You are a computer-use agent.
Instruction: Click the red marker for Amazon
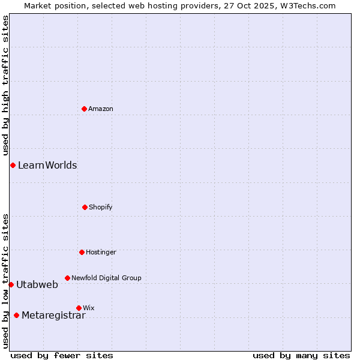coord(85,109)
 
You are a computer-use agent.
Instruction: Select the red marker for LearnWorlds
coord(13,165)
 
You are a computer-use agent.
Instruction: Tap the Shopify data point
coord(85,207)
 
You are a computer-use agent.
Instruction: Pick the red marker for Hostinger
coord(82,252)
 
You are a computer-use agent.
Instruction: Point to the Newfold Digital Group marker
coord(67,278)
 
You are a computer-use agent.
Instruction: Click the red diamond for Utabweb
coord(11,284)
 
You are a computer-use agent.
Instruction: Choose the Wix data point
coord(79,308)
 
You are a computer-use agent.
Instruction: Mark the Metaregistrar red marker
coord(16,315)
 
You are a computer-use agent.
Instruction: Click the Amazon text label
coord(101,109)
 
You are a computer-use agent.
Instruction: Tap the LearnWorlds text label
coord(47,165)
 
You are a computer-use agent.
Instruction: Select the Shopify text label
coord(101,207)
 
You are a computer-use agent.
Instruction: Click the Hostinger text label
coord(101,252)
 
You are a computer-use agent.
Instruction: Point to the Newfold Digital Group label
coord(106,278)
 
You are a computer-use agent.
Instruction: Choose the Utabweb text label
coord(37,284)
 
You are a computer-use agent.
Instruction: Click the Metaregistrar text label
coord(53,316)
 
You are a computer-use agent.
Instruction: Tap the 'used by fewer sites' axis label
coord(62,355)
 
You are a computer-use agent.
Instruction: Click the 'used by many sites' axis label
coord(301,355)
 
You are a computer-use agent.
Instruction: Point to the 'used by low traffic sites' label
coord(5,281)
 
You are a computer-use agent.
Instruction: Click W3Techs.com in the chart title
coord(308,5)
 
